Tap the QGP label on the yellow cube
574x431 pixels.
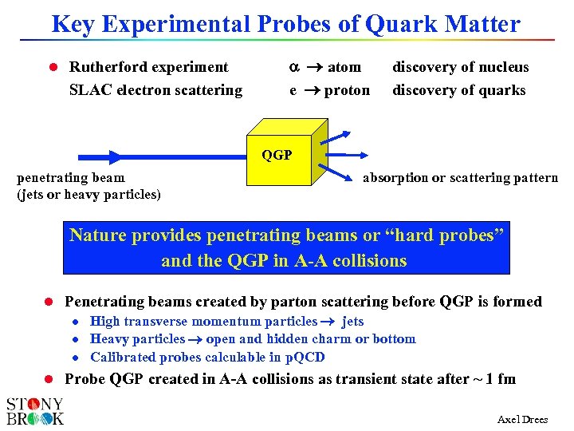point(277,155)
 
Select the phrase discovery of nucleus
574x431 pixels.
point(460,67)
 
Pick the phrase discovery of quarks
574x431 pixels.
point(458,90)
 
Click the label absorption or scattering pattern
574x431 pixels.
point(460,177)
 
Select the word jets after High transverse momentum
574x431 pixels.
point(352,322)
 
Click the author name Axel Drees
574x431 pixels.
point(522,420)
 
